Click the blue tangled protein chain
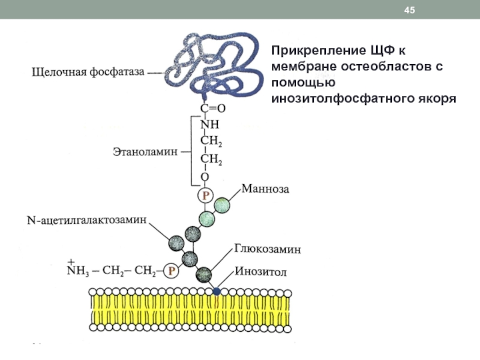(216, 60)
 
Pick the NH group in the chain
(209, 125)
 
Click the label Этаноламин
(146, 152)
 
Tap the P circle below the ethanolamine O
(205, 195)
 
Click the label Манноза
(265, 190)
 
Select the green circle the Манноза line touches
(221, 205)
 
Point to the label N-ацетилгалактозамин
(86, 220)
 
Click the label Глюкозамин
(268, 247)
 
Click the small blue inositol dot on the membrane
(217, 291)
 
